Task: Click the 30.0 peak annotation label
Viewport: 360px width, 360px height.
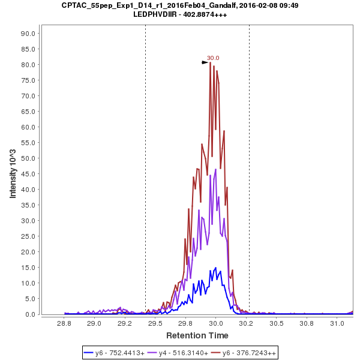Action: [x=213, y=58]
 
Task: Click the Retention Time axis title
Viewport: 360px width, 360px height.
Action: [x=197, y=335]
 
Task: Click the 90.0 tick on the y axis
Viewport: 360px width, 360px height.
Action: [x=29, y=34]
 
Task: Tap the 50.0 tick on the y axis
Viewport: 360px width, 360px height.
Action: [x=29, y=158]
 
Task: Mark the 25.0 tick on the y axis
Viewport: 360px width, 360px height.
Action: [x=29, y=236]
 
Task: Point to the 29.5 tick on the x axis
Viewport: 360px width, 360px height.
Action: [x=155, y=324]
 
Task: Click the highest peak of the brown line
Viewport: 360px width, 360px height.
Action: [x=211, y=62]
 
